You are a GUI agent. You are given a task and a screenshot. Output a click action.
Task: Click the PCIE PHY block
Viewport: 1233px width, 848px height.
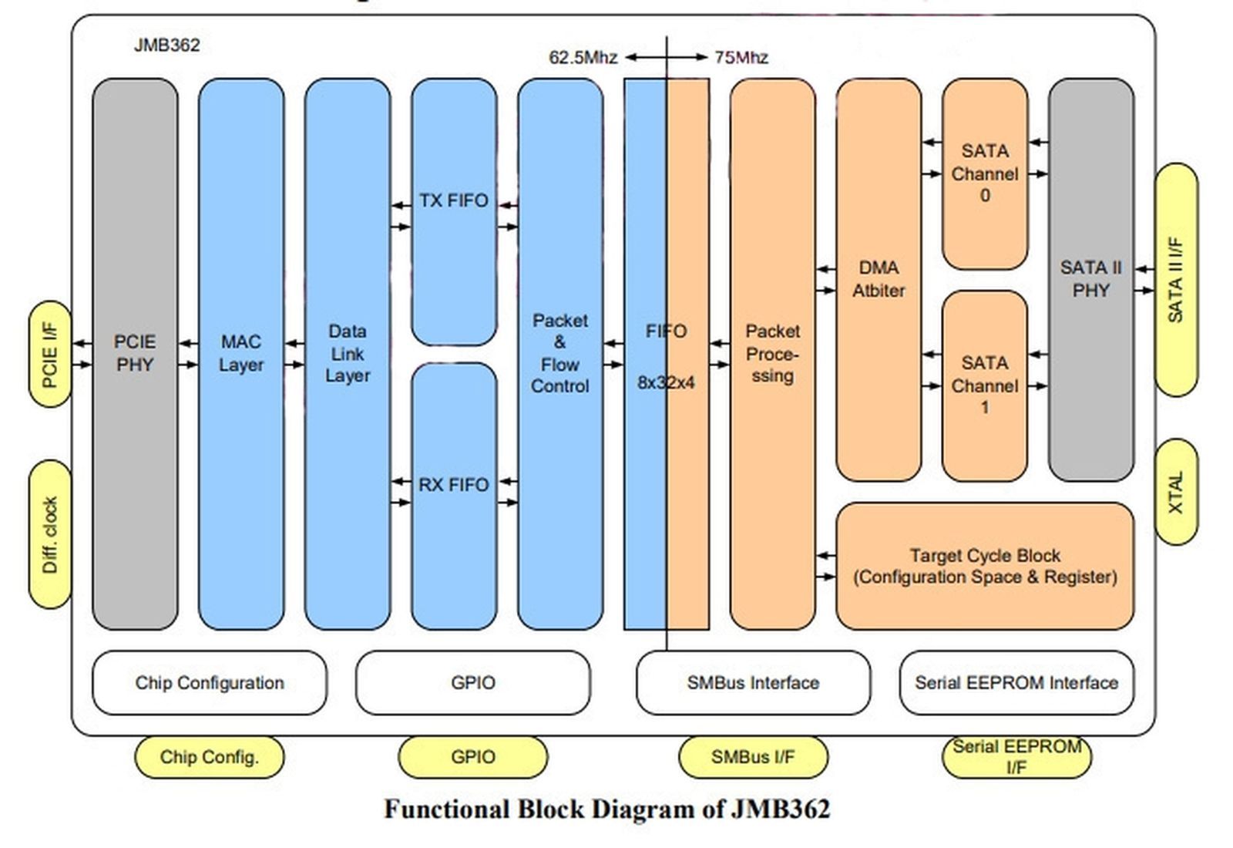tap(135, 353)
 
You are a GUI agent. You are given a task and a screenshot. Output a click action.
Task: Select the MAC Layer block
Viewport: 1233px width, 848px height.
tap(240, 353)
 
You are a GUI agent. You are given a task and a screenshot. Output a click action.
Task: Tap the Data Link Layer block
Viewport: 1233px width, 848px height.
tap(347, 353)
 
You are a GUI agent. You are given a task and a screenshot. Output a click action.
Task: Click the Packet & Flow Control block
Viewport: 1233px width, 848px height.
tap(559, 353)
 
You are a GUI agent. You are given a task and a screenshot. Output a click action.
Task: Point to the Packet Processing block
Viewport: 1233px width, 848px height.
tap(772, 353)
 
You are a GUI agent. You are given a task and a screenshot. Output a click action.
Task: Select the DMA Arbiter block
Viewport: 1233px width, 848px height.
tap(879, 279)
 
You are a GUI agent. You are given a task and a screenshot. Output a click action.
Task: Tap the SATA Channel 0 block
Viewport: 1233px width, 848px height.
tap(984, 173)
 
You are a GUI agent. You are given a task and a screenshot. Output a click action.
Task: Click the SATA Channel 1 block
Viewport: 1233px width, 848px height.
tap(984, 385)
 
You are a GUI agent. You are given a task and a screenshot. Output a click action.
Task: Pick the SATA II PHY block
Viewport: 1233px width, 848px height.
tap(1090, 279)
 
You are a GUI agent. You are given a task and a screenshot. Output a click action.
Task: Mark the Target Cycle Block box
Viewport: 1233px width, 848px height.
tap(984, 566)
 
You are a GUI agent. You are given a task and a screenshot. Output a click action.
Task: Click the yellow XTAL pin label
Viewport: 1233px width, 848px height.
tap(1176, 492)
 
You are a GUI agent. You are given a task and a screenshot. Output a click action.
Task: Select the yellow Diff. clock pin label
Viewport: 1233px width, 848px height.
tap(50, 534)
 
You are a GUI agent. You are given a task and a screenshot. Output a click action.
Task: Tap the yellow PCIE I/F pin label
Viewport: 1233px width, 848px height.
tap(50, 354)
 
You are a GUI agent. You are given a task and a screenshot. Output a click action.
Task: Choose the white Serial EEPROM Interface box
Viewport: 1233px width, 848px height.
tap(1016, 682)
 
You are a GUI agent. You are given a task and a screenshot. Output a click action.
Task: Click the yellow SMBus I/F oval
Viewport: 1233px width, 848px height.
tap(752, 757)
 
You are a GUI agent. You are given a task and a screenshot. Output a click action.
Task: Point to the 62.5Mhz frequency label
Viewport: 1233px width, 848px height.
tap(583, 58)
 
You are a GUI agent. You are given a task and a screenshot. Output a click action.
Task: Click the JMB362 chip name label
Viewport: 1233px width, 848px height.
tap(166, 45)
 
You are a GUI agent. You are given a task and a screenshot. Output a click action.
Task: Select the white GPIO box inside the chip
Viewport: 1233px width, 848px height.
tap(472, 682)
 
